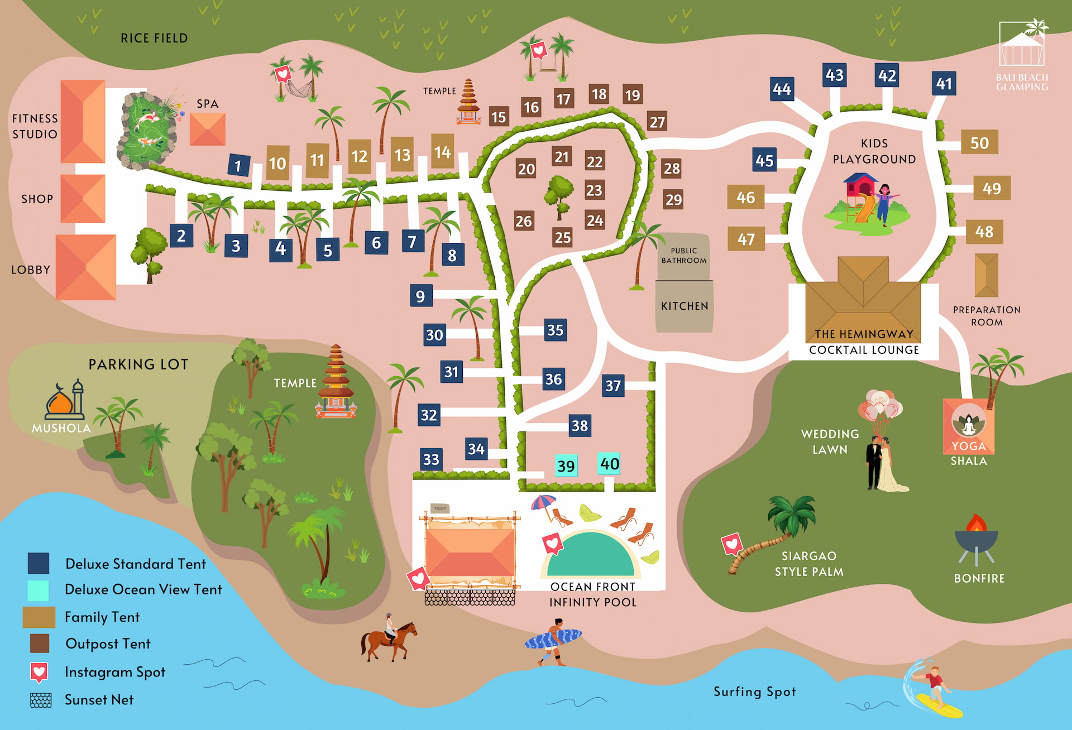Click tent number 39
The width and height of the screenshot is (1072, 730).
pos(566,465)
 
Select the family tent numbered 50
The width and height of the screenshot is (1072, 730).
pos(979,143)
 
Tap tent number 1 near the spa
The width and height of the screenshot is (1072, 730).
pos(238,165)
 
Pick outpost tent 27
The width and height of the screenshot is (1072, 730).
pos(657,122)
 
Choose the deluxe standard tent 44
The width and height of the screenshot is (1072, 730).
pos(782,89)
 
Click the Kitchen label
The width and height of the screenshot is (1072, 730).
pos(685,306)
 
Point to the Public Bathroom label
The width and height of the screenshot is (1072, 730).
pos(684,256)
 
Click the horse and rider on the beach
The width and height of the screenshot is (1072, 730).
pos(389,637)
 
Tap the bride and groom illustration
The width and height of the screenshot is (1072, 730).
pos(883,441)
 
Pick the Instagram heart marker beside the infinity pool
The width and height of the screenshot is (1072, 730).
pos(553,543)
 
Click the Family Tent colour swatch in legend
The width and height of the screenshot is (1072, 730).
pos(39,617)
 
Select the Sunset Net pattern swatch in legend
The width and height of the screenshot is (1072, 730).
pos(40,700)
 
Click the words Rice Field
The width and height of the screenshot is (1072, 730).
pos(154,38)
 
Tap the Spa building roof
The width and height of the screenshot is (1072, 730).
pos(208,129)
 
